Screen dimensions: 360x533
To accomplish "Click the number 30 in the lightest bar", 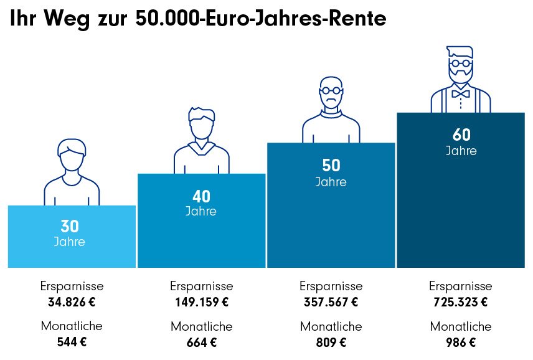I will (x=69, y=227).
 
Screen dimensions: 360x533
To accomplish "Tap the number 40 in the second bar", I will (x=201, y=197).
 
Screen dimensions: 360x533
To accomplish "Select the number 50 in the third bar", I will (x=331, y=166).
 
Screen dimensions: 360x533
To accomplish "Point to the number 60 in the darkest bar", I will (x=461, y=135).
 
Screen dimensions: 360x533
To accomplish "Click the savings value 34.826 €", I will (x=72, y=303).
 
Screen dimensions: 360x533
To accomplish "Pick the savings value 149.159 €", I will (x=201, y=303).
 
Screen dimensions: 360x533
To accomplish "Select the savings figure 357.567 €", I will (x=331, y=303).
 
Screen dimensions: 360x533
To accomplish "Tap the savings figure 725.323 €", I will (x=460, y=303).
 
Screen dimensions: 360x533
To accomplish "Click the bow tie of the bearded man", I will (x=461, y=94).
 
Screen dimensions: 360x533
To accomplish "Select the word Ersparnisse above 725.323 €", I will (x=460, y=287).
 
